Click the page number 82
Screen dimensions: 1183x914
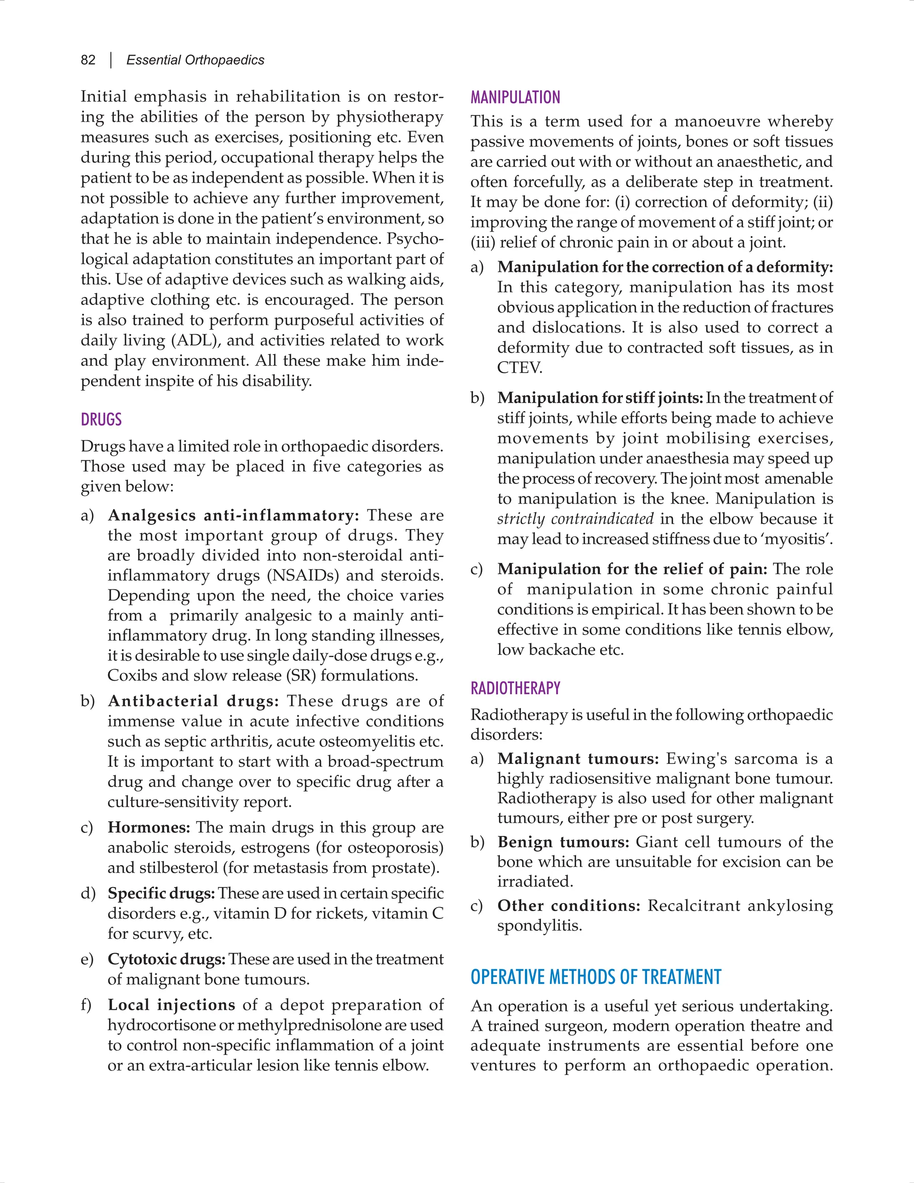pyautogui.click(x=88, y=60)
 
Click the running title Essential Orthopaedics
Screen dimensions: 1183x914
pyautogui.click(x=195, y=60)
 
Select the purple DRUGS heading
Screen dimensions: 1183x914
pyautogui.click(x=101, y=420)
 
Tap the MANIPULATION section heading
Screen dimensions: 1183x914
pyautogui.click(x=515, y=97)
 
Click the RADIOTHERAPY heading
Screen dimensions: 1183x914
pyautogui.click(x=515, y=688)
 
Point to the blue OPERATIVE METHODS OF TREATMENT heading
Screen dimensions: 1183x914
pyautogui.click(x=596, y=977)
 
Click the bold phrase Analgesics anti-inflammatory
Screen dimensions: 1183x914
pyautogui.click(x=233, y=515)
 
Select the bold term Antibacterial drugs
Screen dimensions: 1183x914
pyautogui.click(x=193, y=701)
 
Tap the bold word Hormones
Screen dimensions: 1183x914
pyautogui.click(x=148, y=827)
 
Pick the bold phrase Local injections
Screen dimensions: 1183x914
pyautogui.click(x=171, y=1005)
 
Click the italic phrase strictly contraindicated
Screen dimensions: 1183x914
pyautogui.click(x=575, y=519)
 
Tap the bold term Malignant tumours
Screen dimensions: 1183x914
pyautogui.click(x=578, y=759)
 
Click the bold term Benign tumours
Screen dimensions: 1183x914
pyautogui.click(x=563, y=842)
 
